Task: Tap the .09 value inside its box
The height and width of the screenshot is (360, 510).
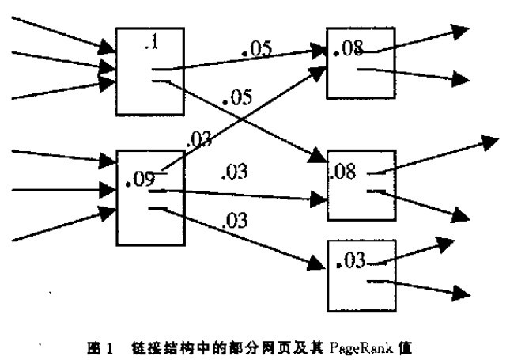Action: (x=140, y=180)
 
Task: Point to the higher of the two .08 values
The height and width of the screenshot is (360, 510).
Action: (x=349, y=50)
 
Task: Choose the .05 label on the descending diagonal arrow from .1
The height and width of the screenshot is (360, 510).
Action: (x=236, y=98)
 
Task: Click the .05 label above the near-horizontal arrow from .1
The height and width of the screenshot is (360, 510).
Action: (x=256, y=49)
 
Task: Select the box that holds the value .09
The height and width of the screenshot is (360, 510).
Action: (x=150, y=197)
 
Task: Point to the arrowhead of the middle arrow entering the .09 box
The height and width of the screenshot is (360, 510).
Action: (x=109, y=190)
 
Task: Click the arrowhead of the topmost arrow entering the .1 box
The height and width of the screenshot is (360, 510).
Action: (x=109, y=51)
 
